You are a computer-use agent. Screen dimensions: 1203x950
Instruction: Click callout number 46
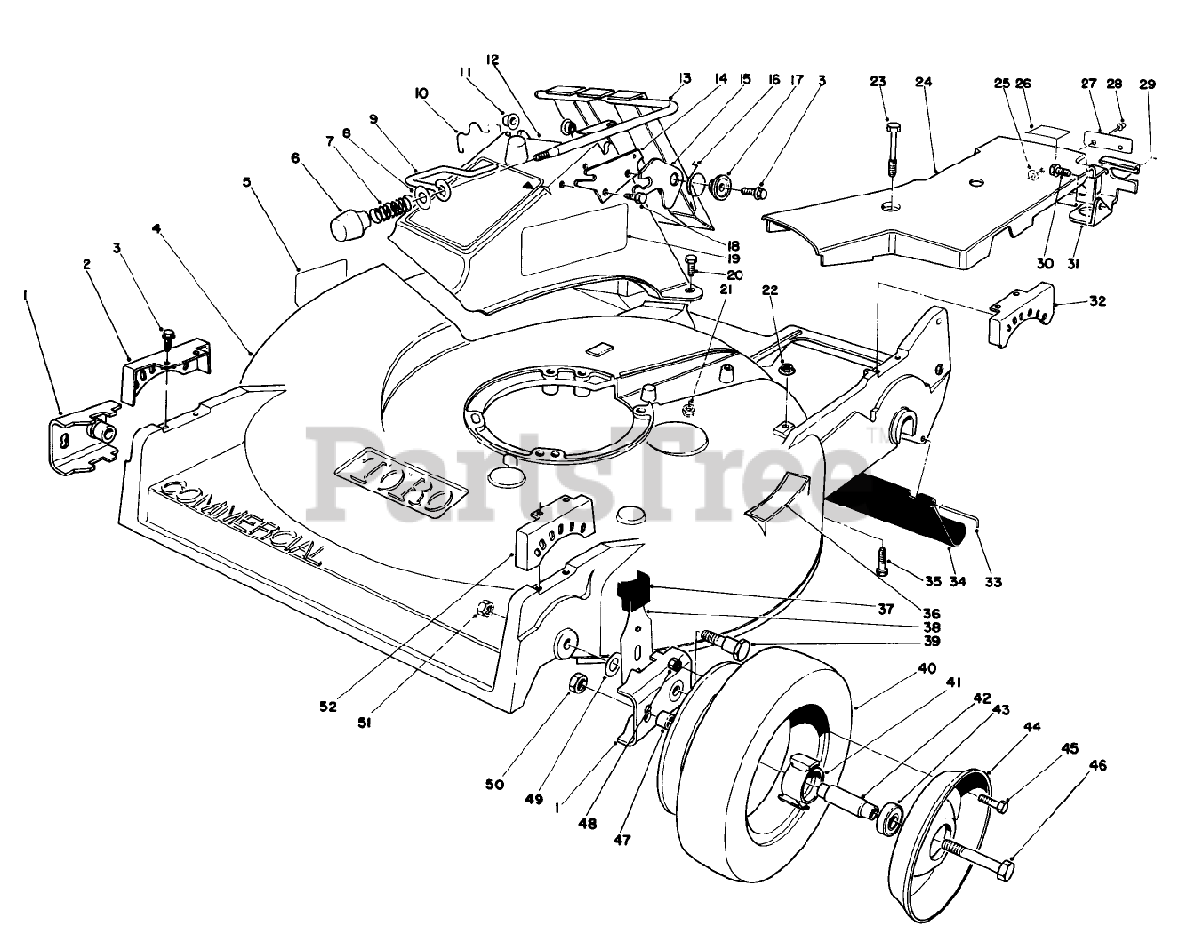1098,766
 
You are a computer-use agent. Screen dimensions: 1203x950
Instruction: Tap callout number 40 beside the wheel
927,668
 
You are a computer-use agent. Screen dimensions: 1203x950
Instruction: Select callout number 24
924,82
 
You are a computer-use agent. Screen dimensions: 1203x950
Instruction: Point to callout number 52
328,707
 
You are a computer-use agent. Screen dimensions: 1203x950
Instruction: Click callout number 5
247,182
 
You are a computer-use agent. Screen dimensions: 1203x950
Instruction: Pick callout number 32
1098,302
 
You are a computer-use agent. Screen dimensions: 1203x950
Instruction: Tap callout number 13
684,78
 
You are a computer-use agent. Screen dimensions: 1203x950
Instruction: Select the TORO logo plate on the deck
399,485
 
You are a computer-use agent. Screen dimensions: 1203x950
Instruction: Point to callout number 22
770,290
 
